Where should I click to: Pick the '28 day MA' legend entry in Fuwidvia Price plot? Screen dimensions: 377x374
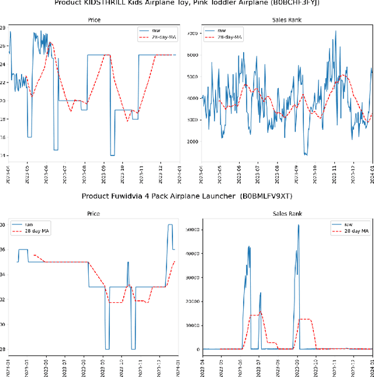tap(37, 231)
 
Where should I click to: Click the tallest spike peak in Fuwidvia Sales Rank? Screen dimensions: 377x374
tap(299, 225)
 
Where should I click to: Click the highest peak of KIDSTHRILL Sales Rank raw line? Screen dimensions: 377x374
tap(335, 31)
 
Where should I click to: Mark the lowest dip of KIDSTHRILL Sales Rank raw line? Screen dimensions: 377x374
tap(306, 155)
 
